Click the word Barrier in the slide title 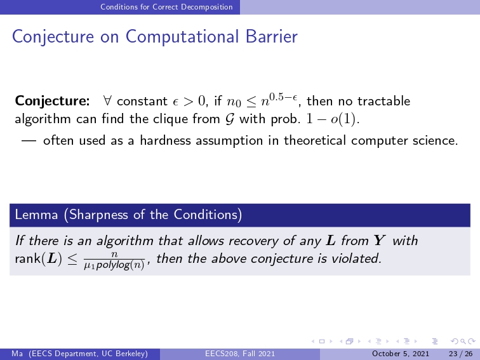pyautogui.click(x=272, y=37)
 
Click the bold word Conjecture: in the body pyautogui.click(x=52, y=102)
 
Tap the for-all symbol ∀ pyautogui.click(x=107, y=100)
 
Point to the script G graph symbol pyautogui.click(x=230, y=119)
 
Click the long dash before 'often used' pyautogui.click(x=29, y=141)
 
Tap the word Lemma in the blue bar pyautogui.click(x=36, y=215)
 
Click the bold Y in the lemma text pyautogui.click(x=379, y=241)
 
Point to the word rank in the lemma pyautogui.click(x=27, y=259)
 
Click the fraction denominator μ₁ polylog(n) pyautogui.click(x=114, y=265)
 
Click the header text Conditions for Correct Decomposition pyautogui.click(x=166, y=7)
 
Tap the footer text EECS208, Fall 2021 pyautogui.click(x=240, y=354)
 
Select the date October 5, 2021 pyautogui.click(x=401, y=354)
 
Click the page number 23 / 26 pyautogui.click(x=461, y=354)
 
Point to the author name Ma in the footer pyautogui.click(x=17, y=354)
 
